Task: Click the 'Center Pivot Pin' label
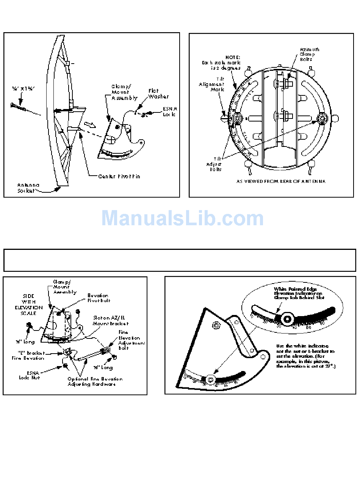click(x=119, y=176)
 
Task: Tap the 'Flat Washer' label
click(x=158, y=94)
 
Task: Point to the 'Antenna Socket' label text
click(x=29, y=187)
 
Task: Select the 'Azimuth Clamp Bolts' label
click(x=309, y=54)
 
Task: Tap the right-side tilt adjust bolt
click(x=322, y=118)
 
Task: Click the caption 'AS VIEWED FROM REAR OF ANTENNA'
click(x=281, y=181)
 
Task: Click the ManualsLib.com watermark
click(x=182, y=218)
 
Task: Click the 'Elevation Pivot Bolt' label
click(x=97, y=298)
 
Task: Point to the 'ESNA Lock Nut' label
click(x=30, y=375)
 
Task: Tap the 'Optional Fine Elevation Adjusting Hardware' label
click(x=95, y=381)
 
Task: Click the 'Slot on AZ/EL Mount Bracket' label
click(x=111, y=321)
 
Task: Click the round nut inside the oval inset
click(x=287, y=319)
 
